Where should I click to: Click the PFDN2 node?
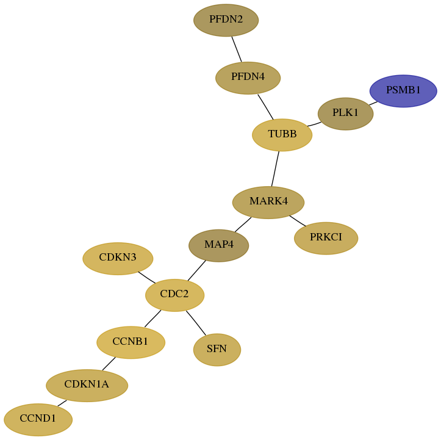[x=226, y=20]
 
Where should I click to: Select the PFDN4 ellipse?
[x=248, y=78]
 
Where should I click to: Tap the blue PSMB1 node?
[x=403, y=91]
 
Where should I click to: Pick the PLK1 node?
[x=345, y=114]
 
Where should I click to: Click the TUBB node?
[x=282, y=135]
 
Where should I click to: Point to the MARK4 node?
[x=268, y=202]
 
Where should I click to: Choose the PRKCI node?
[x=326, y=238]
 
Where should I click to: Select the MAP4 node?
[x=218, y=245]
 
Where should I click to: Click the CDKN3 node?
[x=118, y=259]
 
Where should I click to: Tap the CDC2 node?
[x=174, y=295]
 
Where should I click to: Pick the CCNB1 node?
[x=131, y=342]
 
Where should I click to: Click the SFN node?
[x=217, y=350]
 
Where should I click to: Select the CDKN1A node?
[x=87, y=386]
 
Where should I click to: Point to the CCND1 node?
[x=38, y=419]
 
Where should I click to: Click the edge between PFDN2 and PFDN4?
[x=237, y=49]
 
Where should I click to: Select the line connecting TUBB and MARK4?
[x=275, y=169]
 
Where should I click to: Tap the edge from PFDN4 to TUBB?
[x=265, y=107]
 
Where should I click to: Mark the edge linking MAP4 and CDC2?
[x=196, y=270]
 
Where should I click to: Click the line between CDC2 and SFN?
[x=196, y=323]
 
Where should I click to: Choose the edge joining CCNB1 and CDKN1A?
[x=109, y=364]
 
